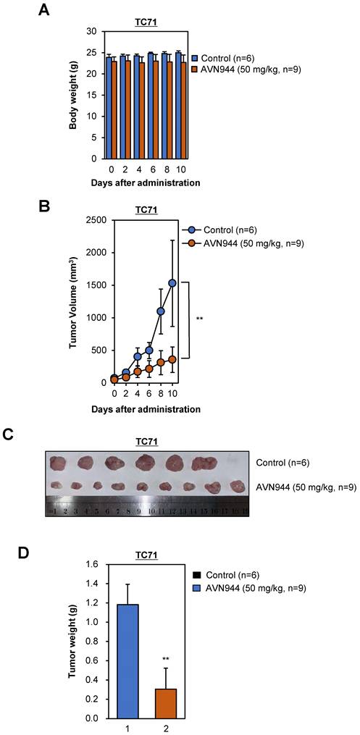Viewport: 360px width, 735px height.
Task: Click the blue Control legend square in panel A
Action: point(195,56)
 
